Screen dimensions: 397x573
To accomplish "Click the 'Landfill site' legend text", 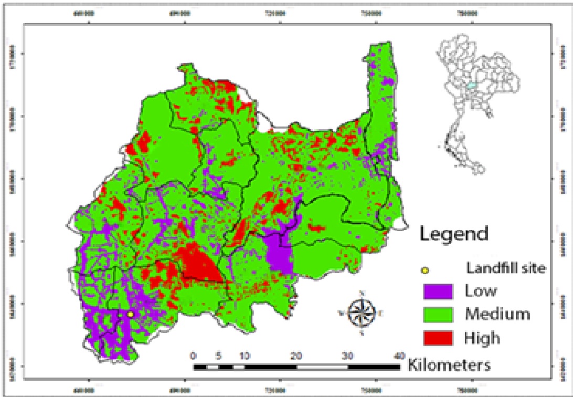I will point(506,268).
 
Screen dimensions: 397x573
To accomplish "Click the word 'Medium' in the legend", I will point(497,314).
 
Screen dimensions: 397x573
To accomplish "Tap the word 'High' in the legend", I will point(482,338).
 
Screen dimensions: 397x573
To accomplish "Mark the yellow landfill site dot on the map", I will point(130,314).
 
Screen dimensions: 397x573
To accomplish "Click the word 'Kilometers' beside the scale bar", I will point(449,364).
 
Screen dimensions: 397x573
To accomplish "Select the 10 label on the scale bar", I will point(245,354).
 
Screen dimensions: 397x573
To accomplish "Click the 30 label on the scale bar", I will point(348,354).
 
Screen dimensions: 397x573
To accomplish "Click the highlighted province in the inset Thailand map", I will point(472,85).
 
